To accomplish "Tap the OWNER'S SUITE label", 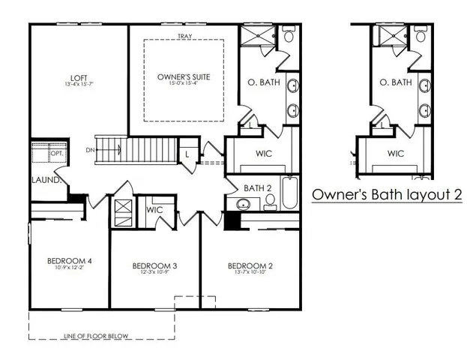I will [x=183, y=77].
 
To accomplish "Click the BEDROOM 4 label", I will [x=69, y=261].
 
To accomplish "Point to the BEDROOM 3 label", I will [x=154, y=265].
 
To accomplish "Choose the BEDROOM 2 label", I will [x=250, y=265].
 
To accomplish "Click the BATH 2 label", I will [x=257, y=187].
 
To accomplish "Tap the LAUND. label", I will [x=44, y=180].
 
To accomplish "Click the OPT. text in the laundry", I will [x=56, y=154].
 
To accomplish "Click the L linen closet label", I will [x=187, y=154].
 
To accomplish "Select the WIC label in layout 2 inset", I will [x=395, y=153].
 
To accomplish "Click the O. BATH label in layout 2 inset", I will [x=395, y=82].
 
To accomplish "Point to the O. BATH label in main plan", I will [x=265, y=82].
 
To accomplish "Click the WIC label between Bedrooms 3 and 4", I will [x=154, y=210].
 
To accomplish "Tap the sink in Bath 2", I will [x=243, y=203].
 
